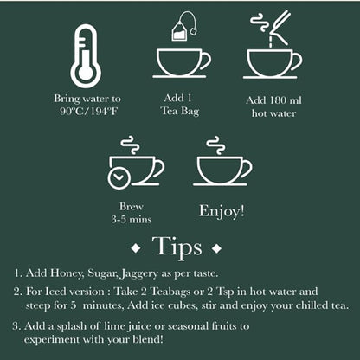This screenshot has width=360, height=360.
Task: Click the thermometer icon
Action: tap(85, 56)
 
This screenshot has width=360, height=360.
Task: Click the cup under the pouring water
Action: tap(272, 63)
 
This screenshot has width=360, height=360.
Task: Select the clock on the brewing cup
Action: tap(119, 177)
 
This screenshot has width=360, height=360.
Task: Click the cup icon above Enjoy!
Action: tap(222, 167)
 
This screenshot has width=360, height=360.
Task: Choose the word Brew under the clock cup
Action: tap(130, 207)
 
